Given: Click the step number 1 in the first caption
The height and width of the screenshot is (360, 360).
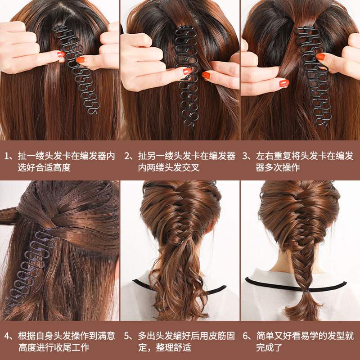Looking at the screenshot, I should (8, 156).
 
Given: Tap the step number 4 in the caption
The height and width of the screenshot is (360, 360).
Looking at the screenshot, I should (8, 336).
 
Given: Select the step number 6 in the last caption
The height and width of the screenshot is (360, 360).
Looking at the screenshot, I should (247, 336).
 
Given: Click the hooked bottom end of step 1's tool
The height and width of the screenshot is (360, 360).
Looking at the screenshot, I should (93, 110).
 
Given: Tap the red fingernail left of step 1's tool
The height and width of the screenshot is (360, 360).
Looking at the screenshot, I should (61, 54).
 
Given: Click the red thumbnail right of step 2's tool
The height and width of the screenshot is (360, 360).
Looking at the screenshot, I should (206, 75).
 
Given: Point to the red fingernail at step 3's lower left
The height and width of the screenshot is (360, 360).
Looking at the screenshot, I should (284, 83).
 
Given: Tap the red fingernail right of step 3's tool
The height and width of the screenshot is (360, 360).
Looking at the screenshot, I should (320, 57).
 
